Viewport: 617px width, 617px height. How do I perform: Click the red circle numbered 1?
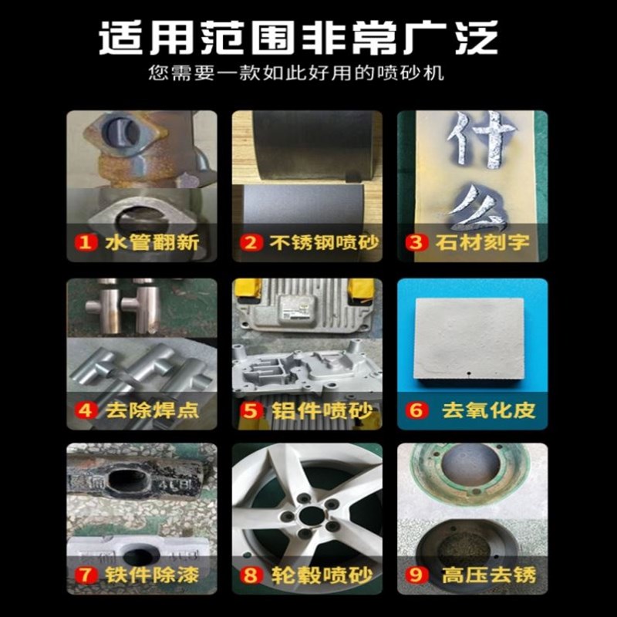pos(85,243)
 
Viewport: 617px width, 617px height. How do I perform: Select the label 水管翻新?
pos(151,243)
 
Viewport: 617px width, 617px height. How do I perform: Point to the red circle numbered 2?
pos(250,243)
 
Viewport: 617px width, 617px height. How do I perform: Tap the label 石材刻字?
pos(486,243)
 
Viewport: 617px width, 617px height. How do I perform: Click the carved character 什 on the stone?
pos(472,137)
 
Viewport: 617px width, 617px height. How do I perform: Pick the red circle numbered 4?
pos(86,409)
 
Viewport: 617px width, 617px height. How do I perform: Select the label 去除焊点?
pos(151,409)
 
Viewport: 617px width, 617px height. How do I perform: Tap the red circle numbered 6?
pos(416,410)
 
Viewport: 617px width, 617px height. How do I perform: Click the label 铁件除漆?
pos(151,575)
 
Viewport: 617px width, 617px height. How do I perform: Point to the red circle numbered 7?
pos(86,575)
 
